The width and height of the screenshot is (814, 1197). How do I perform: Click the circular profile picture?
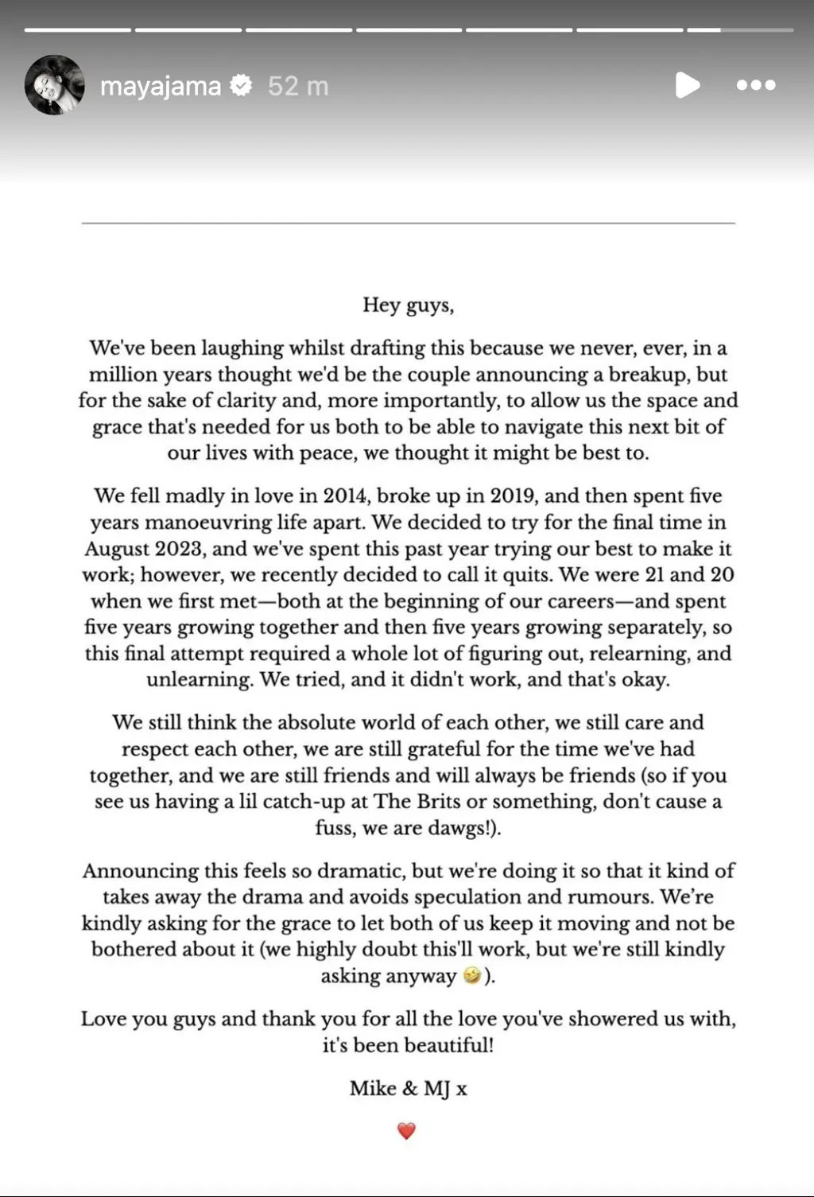(x=55, y=85)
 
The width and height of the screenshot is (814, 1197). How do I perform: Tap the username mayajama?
(x=161, y=86)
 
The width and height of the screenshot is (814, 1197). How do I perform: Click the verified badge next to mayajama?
(x=241, y=85)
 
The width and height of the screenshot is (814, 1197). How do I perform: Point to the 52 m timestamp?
(x=298, y=86)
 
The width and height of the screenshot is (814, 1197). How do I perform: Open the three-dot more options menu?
(x=756, y=85)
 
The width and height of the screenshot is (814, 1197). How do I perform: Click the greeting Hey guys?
(x=408, y=305)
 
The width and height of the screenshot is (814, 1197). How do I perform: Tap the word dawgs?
(x=463, y=828)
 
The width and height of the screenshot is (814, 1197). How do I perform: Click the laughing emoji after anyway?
(x=471, y=976)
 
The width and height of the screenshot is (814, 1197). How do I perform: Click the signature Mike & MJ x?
(x=408, y=1088)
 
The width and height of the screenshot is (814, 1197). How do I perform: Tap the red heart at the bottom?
(x=406, y=1130)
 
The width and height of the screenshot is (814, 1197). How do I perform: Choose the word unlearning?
(x=200, y=680)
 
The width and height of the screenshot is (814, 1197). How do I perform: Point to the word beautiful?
(x=446, y=1045)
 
